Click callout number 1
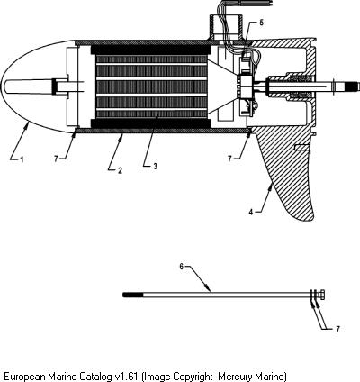tap(22, 159)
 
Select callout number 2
tap(120, 170)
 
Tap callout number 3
tap(155, 166)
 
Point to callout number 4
tap(251, 212)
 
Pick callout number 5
tap(261, 23)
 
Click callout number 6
tap(182, 267)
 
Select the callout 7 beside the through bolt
tap(337, 329)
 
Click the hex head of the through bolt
tap(322, 295)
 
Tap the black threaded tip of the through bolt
tap(133, 295)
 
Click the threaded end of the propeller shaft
tap(352, 86)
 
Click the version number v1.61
tap(127, 377)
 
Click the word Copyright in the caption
tap(193, 377)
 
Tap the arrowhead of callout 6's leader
tap(208, 288)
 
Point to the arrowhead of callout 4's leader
tap(271, 186)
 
